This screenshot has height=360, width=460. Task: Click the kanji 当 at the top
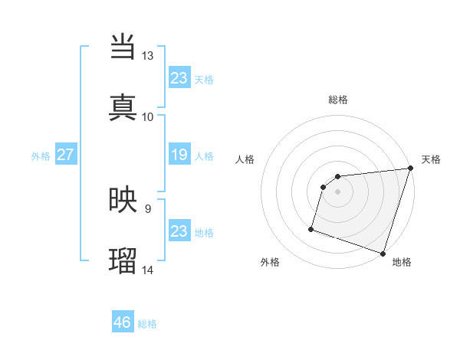123,47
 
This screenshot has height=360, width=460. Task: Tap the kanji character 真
123,107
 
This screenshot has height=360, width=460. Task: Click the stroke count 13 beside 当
147,56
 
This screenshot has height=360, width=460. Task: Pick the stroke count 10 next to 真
147,116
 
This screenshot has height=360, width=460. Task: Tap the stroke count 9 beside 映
147,208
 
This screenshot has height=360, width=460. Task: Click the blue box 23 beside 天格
179,78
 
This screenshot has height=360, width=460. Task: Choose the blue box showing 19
179,155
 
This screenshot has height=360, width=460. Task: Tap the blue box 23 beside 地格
179,231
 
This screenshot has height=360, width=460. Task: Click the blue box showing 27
66,155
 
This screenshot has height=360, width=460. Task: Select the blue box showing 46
123,322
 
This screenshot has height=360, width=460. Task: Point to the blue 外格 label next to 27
41,156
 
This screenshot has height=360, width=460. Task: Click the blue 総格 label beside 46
147,324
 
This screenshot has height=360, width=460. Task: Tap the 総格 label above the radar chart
338,100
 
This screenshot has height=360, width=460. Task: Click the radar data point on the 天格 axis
410,169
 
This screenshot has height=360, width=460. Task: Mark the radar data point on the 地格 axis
383,253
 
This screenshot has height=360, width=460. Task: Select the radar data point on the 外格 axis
311,228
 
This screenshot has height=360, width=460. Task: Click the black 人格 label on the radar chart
245,159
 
